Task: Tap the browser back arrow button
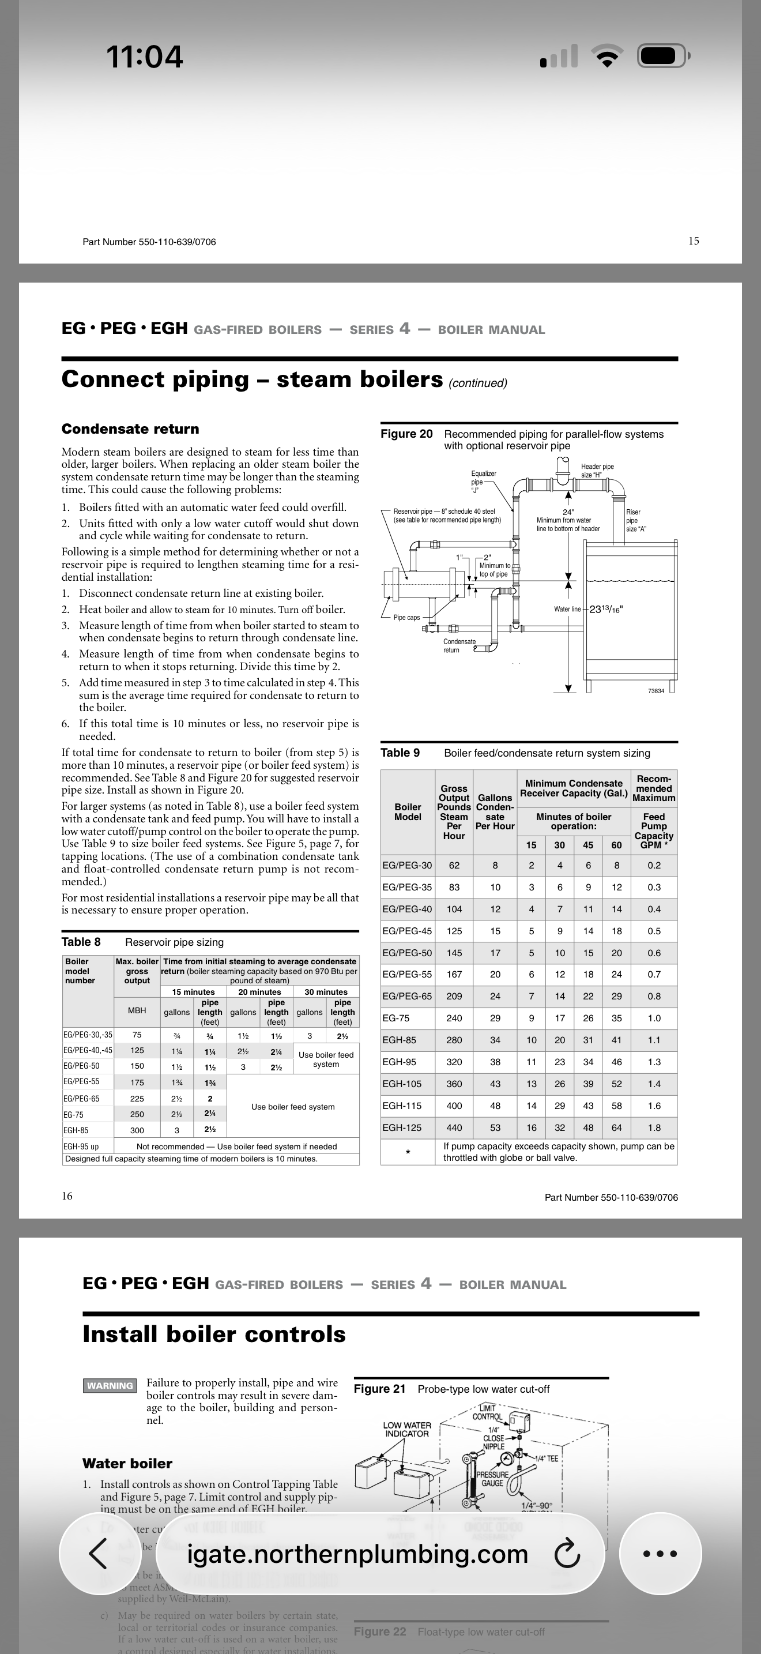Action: [97, 1554]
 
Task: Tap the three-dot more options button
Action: [660, 1554]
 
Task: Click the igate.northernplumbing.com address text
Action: [357, 1554]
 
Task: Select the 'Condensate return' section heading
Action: [130, 429]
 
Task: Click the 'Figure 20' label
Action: [406, 434]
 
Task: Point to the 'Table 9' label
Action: [400, 753]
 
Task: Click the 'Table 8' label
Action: [81, 942]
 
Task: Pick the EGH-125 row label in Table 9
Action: [402, 1127]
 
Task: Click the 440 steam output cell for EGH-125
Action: [454, 1127]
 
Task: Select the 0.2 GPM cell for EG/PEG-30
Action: [653, 865]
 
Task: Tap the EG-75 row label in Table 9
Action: [395, 1018]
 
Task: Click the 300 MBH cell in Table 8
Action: [137, 1130]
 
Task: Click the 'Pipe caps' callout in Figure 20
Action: [406, 618]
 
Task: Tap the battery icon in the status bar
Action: [663, 57]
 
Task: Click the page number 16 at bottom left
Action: [67, 1196]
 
